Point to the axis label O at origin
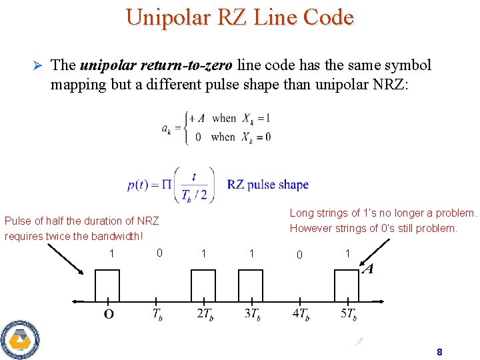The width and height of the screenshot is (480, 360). click(x=108, y=314)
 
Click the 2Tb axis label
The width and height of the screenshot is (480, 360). click(x=205, y=314)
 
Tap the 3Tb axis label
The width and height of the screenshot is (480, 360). click(x=252, y=314)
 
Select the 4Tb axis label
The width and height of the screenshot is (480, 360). click(x=301, y=314)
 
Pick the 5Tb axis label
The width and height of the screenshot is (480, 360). click(x=347, y=314)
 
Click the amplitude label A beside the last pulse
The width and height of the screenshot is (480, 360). click(x=367, y=269)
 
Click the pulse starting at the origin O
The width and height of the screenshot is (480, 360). click(x=107, y=285)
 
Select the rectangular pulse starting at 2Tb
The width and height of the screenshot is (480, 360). click(x=203, y=285)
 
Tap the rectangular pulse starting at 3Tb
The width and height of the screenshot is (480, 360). click(x=251, y=285)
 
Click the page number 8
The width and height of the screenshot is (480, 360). click(x=439, y=351)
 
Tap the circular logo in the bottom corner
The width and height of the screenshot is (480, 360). click(x=19, y=339)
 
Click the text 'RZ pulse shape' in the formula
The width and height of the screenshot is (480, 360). click(x=268, y=185)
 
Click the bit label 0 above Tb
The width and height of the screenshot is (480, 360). click(x=159, y=253)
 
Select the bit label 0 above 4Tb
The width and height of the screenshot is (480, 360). click(x=299, y=255)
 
